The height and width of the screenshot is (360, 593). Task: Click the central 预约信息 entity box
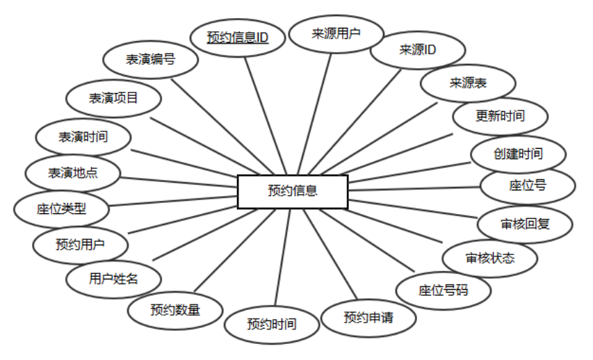pyautogui.click(x=293, y=191)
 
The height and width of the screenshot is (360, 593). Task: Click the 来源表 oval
pyautogui.click(x=468, y=83)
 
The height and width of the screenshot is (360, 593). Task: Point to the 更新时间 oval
pyautogui.click(x=500, y=116)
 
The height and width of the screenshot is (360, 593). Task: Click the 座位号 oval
pyautogui.click(x=528, y=186)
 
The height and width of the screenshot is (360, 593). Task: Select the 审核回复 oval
pyautogui.click(x=526, y=224)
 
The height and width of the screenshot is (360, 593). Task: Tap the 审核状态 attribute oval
pyautogui.click(x=490, y=258)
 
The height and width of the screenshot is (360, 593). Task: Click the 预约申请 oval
pyautogui.click(x=368, y=318)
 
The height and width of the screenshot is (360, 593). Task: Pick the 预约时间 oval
pyautogui.click(x=272, y=324)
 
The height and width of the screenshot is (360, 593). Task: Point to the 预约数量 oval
pyautogui.click(x=174, y=310)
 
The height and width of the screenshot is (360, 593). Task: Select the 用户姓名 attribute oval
pyautogui.click(x=114, y=279)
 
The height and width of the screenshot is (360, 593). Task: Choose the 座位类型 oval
pyautogui.click(x=61, y=208)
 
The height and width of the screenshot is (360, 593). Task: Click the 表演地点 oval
pyautogui.click(x=72, y=172)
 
